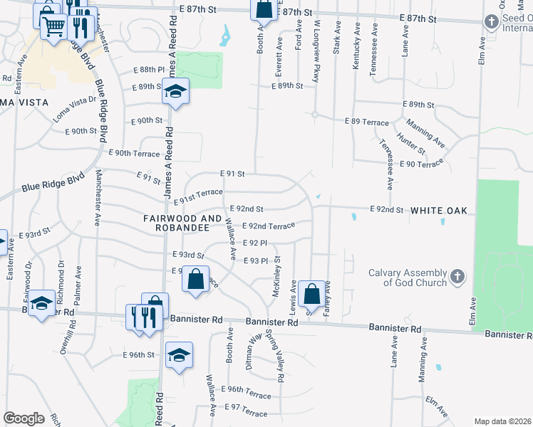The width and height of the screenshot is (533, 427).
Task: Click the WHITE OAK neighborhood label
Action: (438, 211)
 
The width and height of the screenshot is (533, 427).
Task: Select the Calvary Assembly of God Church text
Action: (407, 278)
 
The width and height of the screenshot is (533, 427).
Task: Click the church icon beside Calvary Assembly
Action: (457, 275)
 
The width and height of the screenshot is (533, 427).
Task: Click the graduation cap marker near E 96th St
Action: (179, 355)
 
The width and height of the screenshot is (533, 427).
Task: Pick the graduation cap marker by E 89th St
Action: (175, 92)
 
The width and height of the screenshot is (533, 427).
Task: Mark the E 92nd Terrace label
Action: (268, 226)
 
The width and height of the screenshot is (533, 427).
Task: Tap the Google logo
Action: (24, 418)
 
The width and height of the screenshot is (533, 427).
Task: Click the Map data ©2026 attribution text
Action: (502, 421)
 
